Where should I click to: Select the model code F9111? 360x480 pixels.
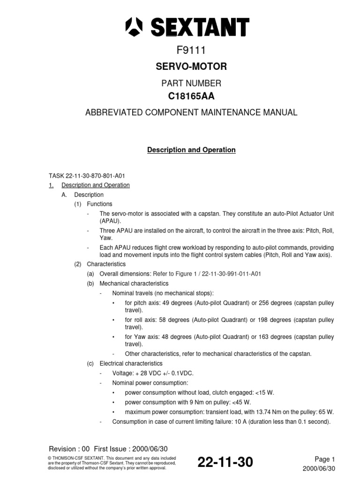(191, 51)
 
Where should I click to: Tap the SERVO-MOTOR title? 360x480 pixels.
(191, 67)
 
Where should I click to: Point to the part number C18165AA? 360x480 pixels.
(191, 97)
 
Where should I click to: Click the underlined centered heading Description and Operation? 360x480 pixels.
(191, 150)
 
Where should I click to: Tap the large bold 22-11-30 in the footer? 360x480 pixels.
(225, 463)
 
